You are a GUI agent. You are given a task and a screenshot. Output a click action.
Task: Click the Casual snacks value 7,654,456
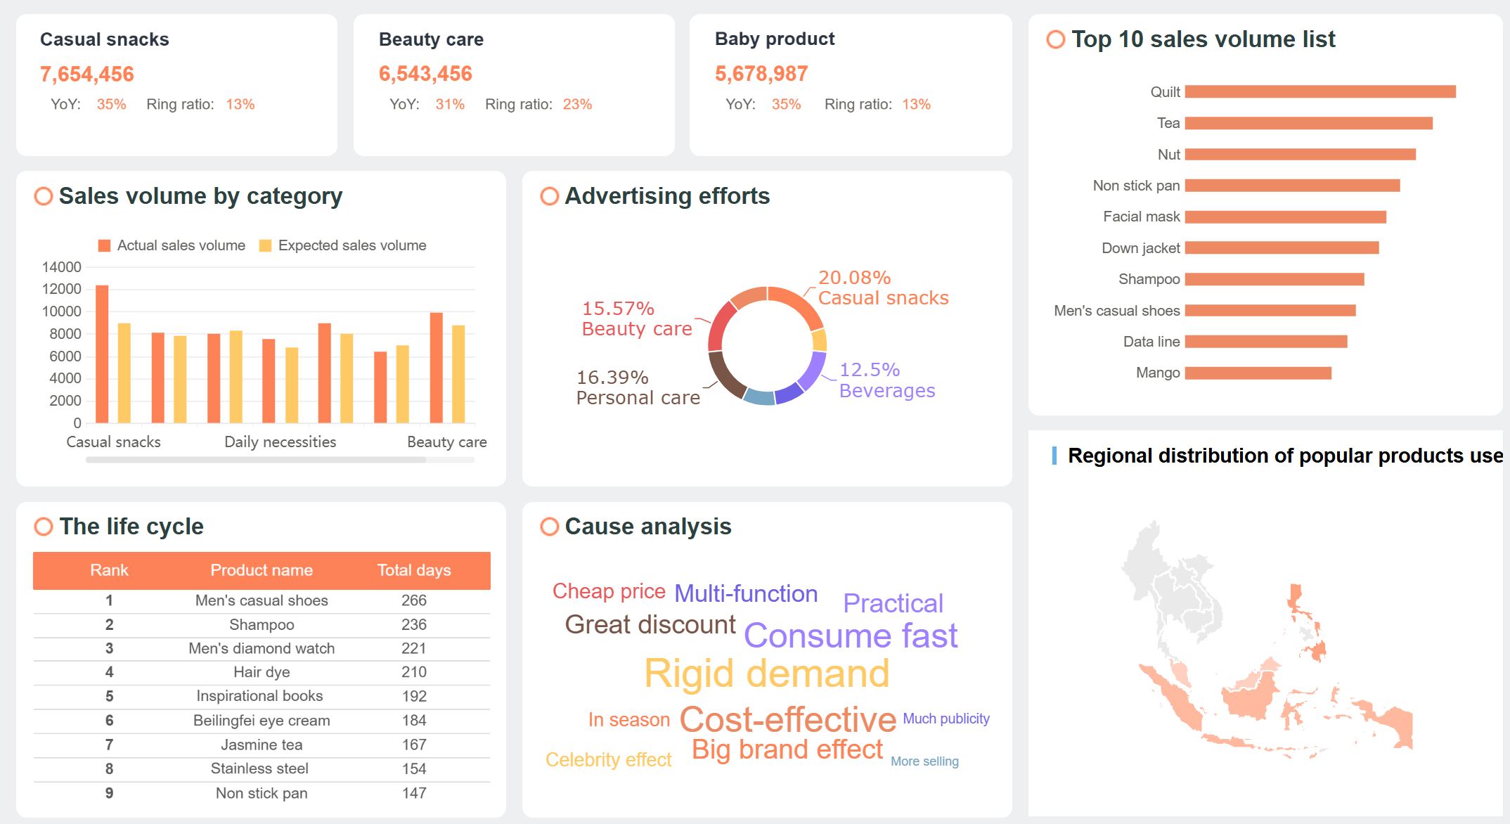pyautogui.click(x=86, y=74)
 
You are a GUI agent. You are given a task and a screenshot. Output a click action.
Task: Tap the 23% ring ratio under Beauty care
pyautogui.click(x=576, y=104)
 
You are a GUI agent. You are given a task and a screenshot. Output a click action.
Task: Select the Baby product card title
pyautogui.click(x=774, y=39)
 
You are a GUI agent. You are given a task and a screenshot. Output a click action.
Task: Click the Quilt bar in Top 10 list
pyautogui.click(x=1319, y=91)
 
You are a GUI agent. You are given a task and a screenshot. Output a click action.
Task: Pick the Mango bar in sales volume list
pyautogui.click(x=1258, y=373)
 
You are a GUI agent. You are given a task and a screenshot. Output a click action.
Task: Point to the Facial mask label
pyautogui.click(x=1141, y=217)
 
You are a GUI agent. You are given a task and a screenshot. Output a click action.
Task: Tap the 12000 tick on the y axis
pyautogui.click(x=62, y=289)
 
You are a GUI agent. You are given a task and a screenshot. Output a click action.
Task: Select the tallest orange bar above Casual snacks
pyautogui.click(x=102, y=354)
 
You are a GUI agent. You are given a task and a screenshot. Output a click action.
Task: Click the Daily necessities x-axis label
pyautogui.click(x=280, y=442)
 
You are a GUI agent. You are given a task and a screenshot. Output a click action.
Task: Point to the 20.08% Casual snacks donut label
pyautogui.click(x=882, y=288)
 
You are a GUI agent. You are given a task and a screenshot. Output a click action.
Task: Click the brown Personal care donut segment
pyautogui.click(x=725, y=373)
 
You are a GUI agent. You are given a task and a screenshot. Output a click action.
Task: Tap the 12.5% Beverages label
pyautogui.click(x=886, y=380)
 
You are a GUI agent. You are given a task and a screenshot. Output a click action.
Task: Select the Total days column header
pyautogui.click(x=413, y=570)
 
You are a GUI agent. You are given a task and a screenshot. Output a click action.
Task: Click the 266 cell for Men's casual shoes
pyautogui.click(x=413, y=600)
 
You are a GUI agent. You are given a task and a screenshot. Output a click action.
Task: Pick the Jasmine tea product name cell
pyautogui.click(x=262, y=745)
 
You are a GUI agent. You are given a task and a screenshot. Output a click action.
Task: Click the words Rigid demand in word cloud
pyautogui.click(x=766, y=674)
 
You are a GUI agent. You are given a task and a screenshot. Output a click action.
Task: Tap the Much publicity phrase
pyautogui.click(x=946, y=719)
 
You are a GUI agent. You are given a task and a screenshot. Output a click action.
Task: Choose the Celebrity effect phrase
pyautogui.click(x=608, y=759)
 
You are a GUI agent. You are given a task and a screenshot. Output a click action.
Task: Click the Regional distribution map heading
pyautogui.click(x=1284, y=456)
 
